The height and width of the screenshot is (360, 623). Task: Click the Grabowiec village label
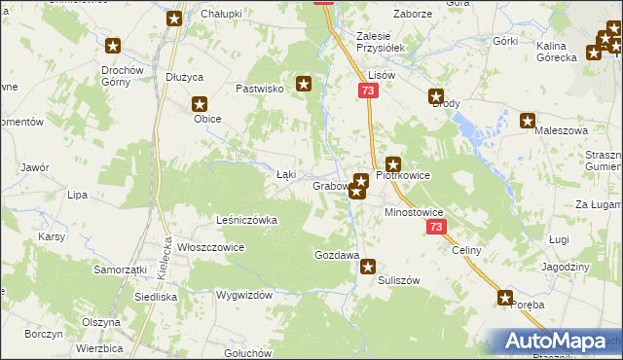[331, 186]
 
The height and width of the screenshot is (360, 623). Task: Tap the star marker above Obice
[200, 104]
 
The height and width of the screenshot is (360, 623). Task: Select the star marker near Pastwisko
[305, 85]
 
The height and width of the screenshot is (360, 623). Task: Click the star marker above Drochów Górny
[113, 46]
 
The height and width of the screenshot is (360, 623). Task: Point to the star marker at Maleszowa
[528, 122]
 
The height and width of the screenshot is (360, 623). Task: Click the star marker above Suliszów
[368, 266]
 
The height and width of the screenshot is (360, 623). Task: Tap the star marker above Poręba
[505, 298]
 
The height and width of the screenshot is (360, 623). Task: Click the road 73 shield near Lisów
[366, 90]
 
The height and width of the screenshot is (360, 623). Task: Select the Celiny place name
[466, 250]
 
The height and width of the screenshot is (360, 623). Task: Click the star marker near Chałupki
[174, 18]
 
